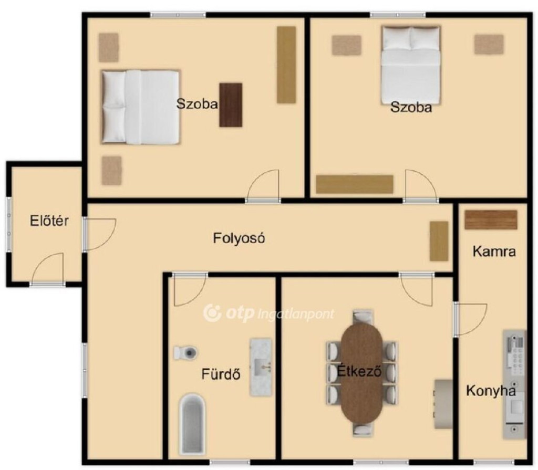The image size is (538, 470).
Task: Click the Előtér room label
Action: [x=49, y=221]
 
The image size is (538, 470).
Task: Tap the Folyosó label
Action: [x=239, y=238]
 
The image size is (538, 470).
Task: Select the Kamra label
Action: [x=494, y=252]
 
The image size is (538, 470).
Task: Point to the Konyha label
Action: [x=491, y=391]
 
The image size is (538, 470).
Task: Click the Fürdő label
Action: [x=221, y=374]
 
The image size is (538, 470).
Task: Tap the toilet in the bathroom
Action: [x=185, y=352]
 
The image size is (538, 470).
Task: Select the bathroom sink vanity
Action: [x=261, y=367]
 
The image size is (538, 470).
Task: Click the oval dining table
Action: [x=363, y=373]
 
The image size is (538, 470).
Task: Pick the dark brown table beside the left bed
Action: [x=231, y=105]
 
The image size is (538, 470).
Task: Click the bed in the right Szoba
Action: [x=411, y=65]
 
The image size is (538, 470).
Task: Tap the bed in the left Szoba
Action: [x=141, y=107]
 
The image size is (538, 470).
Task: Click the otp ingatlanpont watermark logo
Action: [x=268, y=313]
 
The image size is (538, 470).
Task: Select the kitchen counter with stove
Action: [x=514, y=384]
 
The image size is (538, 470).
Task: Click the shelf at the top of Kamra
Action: [x=491, y=220]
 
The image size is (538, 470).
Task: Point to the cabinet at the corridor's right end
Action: [x=439, y=241]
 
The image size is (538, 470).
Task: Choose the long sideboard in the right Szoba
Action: [x=355, y=184]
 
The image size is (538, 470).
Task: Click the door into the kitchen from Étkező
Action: [x=470, y=319]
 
